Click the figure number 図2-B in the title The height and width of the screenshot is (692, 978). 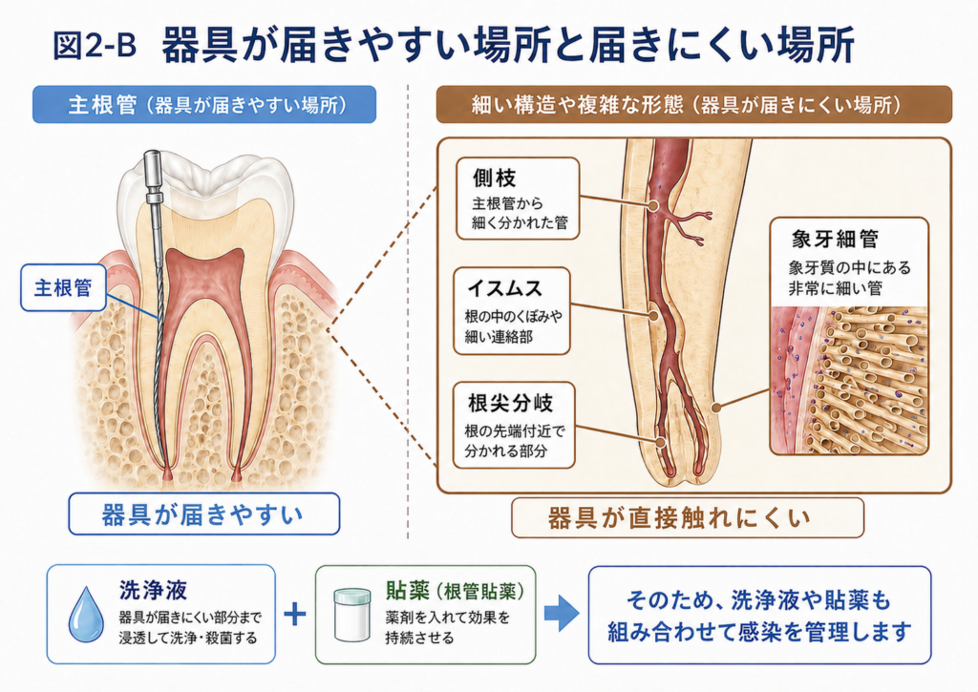tap(95, 45)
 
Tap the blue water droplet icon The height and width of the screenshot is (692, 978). tap(87, 614)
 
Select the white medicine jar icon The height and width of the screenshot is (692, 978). tap(351, 615)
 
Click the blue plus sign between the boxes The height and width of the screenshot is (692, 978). tap(295, 614)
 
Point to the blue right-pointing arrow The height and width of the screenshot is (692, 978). tap(562, 614)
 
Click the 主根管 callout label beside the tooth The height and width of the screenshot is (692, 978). tap(63, 287)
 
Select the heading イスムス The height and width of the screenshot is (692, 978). tap(504, 288)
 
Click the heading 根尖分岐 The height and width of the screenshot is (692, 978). tap(510, 403)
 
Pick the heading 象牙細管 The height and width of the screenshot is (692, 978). tap(835, 239)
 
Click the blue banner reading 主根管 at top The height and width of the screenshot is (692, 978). tap(204, 104)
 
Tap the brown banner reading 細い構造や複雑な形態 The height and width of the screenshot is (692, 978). tap(693, 104)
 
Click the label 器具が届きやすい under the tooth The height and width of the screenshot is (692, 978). tap(204, 514)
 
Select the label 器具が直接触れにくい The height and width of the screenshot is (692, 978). tap(688, 517)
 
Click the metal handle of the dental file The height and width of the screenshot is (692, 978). tap(152, 175)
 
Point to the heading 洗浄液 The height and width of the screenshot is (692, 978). tap(153, 590)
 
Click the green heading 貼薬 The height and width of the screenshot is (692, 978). tap(407, 590)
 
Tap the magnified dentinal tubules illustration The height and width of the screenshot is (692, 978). tap(849, 380)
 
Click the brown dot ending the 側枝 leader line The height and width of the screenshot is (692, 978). tap(653, 206)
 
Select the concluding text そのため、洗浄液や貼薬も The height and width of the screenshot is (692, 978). tap(759, 599)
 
